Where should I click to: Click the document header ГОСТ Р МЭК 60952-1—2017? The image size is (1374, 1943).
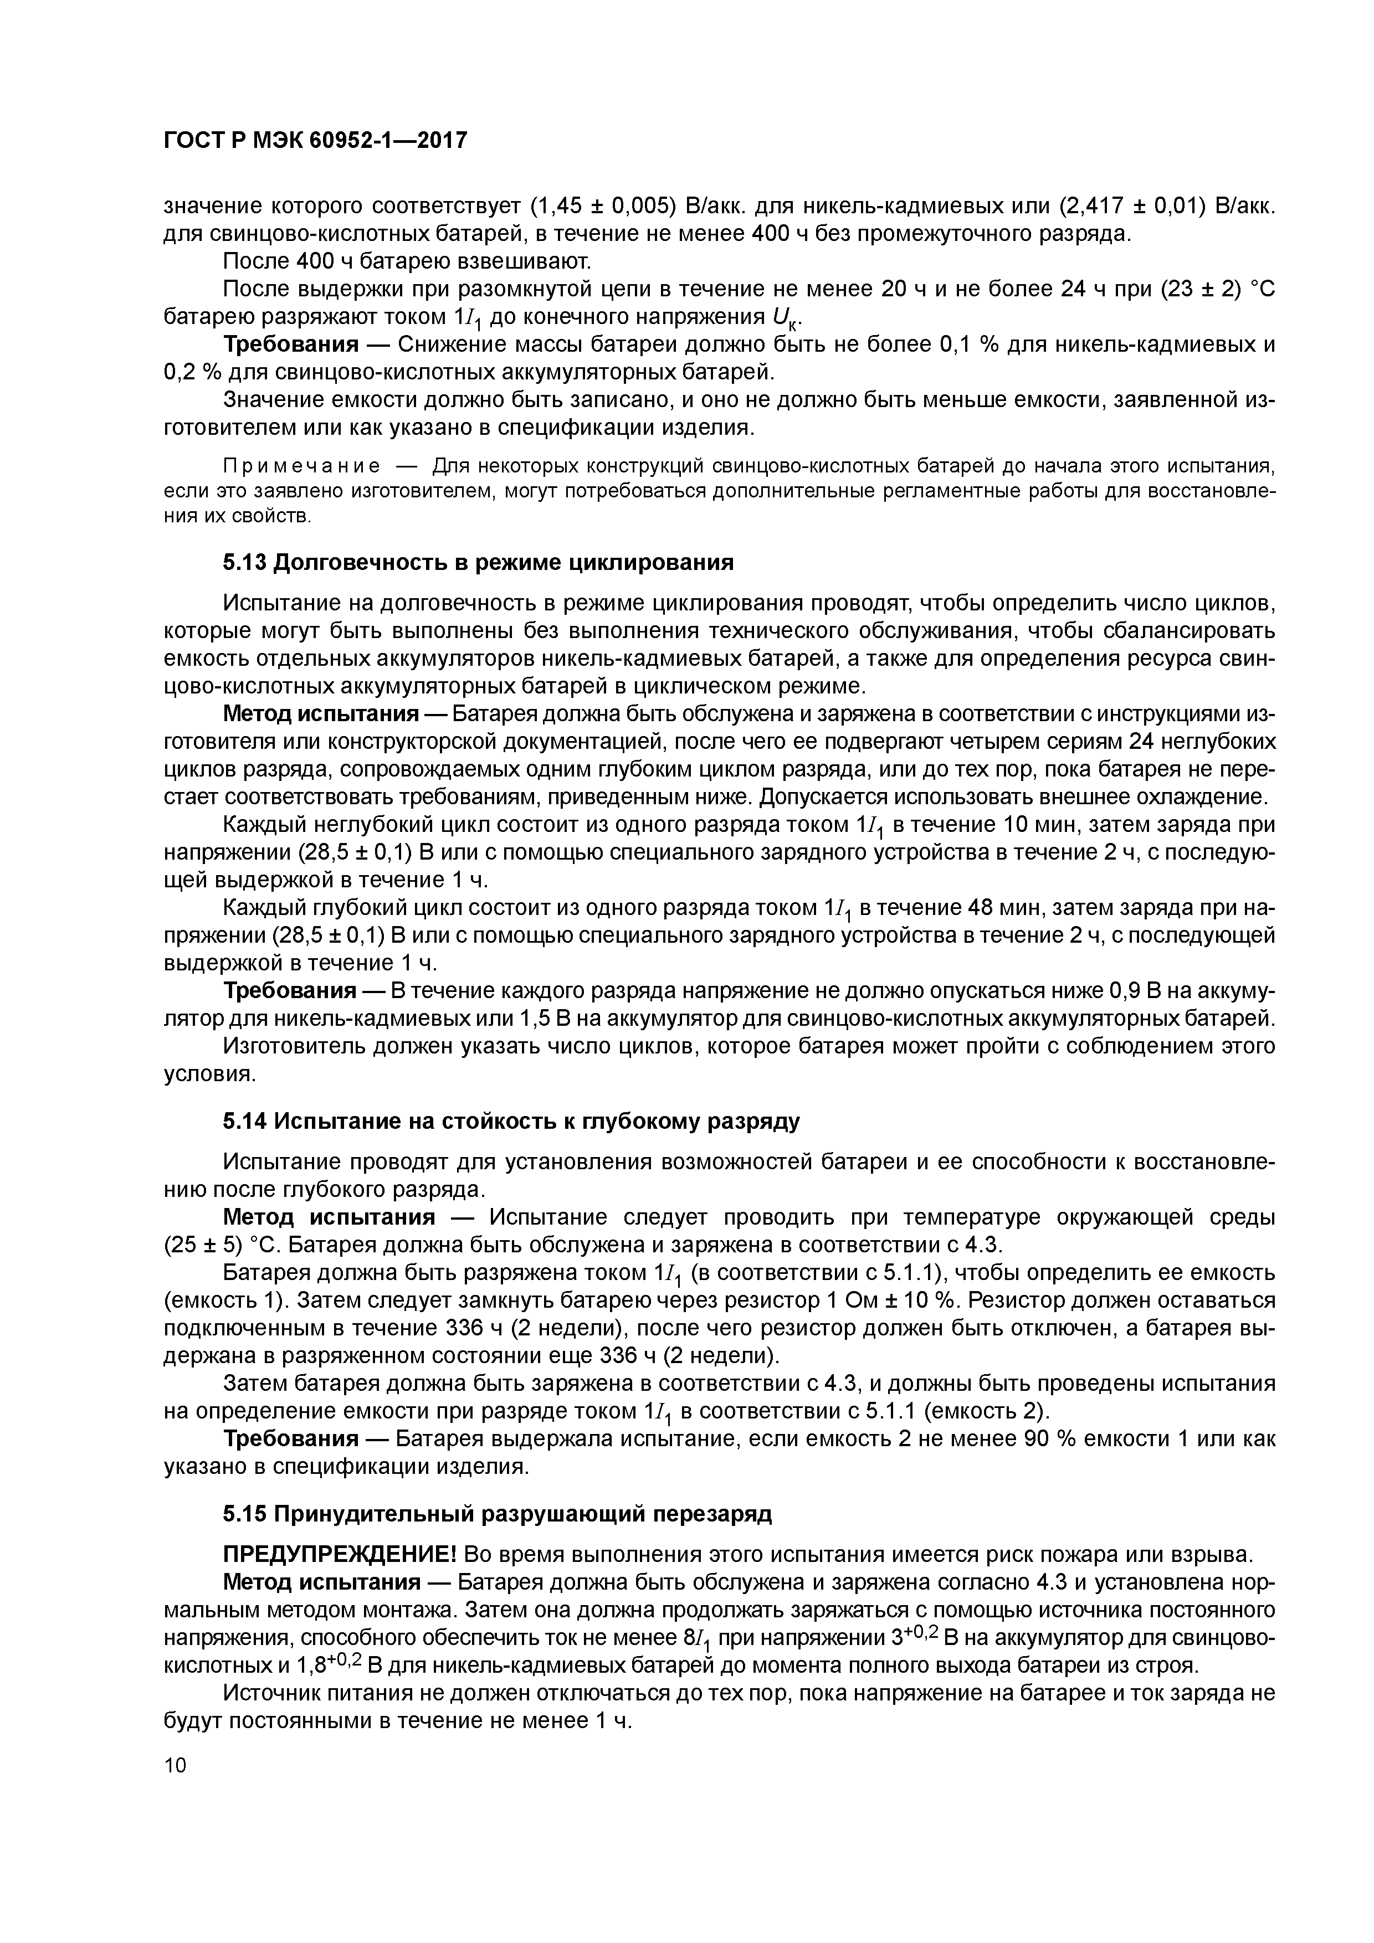pos(314,141)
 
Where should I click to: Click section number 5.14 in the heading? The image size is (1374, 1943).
pos(245,1121)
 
